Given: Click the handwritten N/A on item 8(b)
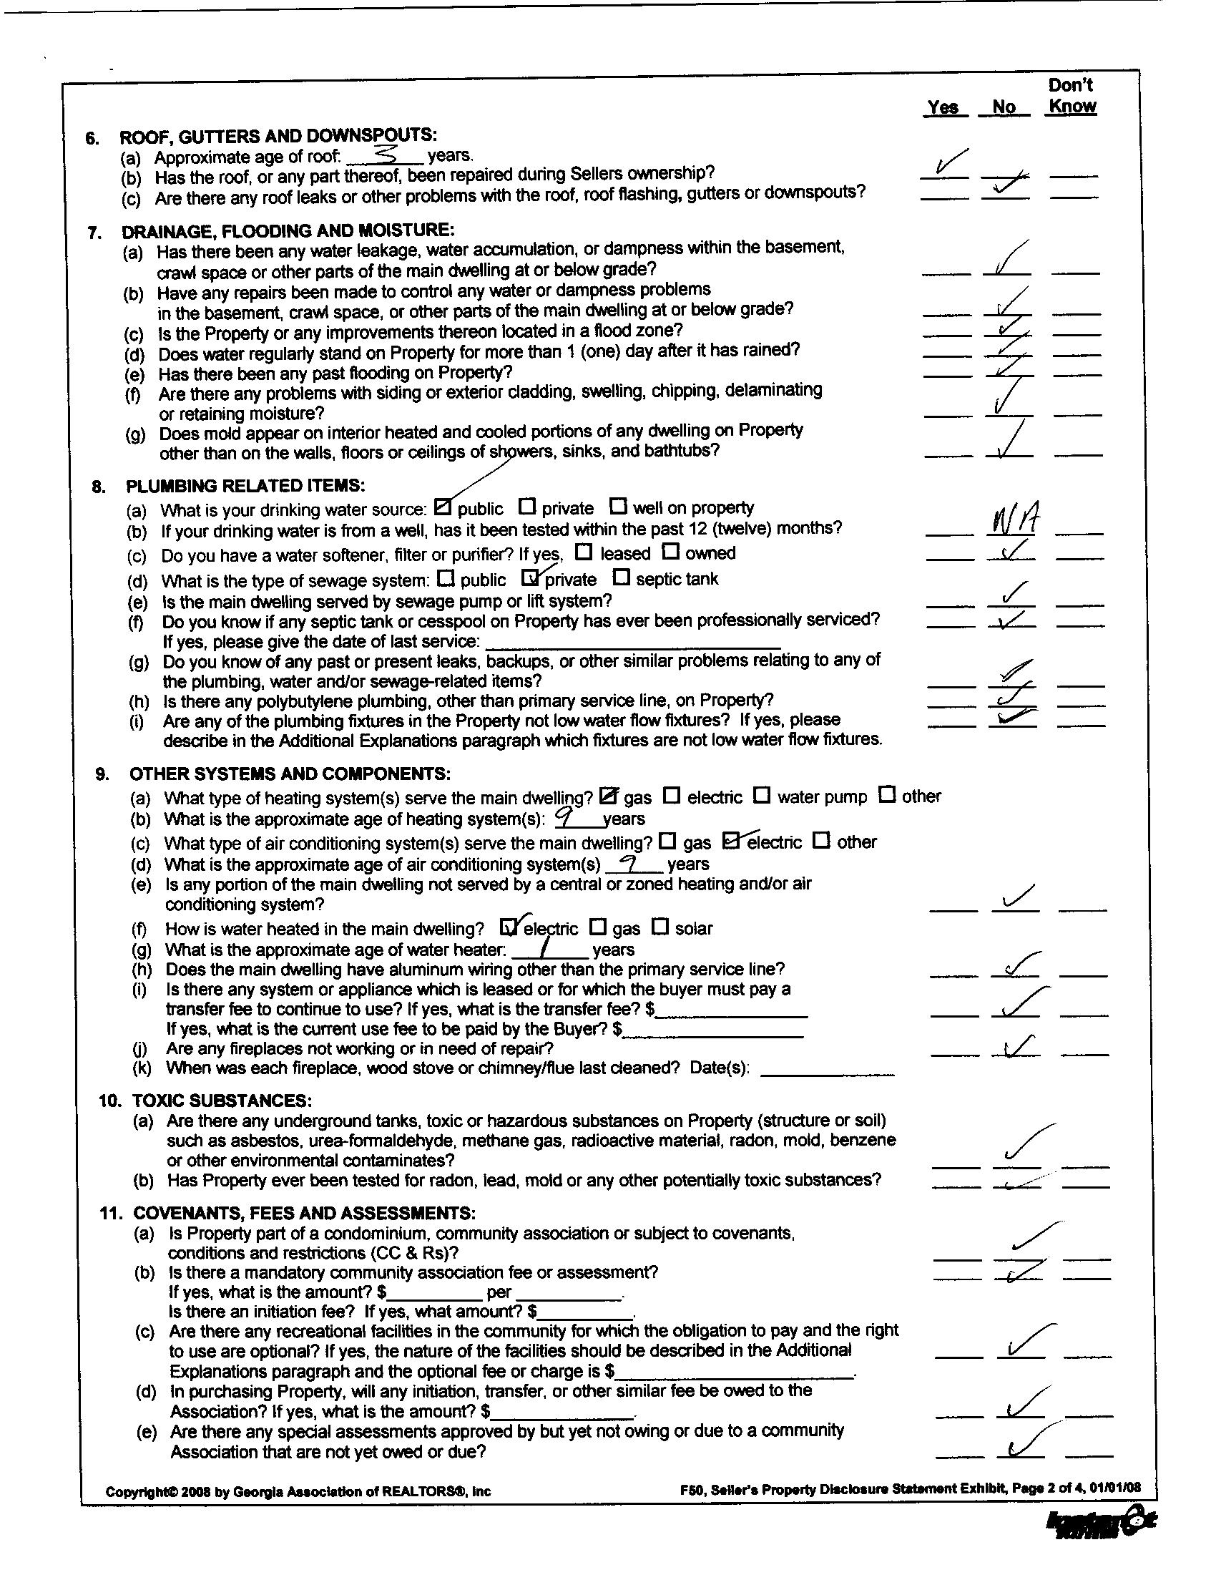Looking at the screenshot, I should coord(1011,518).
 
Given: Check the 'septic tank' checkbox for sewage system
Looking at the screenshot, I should coord(620,577).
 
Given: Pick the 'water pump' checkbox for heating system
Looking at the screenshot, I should coord(762,795).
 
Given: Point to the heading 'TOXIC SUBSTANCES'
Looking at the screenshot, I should coord(221,1101).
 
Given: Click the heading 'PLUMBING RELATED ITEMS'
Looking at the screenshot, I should coord(246,485).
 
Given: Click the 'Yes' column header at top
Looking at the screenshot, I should coord(943,107).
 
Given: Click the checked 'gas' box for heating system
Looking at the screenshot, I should coord(609,796).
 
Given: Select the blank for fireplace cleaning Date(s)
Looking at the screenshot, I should coord(827,1069).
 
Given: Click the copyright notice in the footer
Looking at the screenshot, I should coord(298,1492).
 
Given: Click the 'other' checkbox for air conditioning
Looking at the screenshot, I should coord(821,841).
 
